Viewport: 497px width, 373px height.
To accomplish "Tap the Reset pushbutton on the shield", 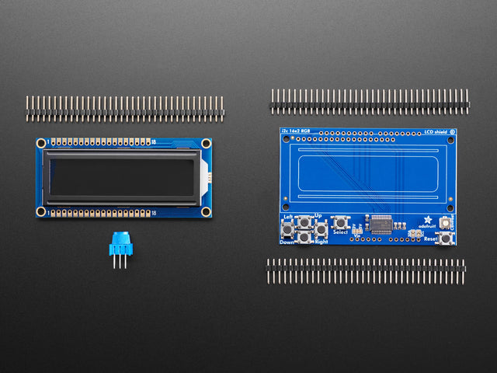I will tap(446, 238).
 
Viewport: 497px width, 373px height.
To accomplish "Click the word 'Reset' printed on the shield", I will tap(430, 239).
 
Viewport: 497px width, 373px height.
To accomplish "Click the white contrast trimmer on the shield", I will tap(412, 234).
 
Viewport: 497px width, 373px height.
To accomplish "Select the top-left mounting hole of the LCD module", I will tap(41, 143).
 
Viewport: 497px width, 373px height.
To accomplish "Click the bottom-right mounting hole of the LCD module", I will tap(207, 211).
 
